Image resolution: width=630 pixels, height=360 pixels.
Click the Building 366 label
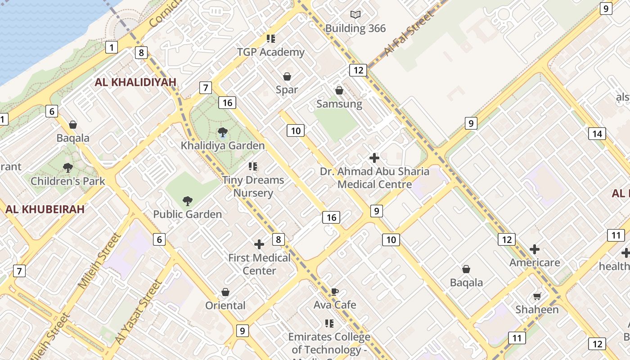point(355,28)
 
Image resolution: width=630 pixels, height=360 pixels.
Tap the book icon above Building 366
point(355,15)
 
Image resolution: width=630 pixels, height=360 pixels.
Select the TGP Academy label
point(271,52)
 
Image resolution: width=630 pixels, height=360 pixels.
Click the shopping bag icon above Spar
point(287,77)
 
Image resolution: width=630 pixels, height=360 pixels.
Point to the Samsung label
point(339,104)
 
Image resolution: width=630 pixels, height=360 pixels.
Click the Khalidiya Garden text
point(223,146)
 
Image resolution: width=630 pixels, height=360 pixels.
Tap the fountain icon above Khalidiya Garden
point(222,132)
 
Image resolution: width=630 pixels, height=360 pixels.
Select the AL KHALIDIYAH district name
point(135,82)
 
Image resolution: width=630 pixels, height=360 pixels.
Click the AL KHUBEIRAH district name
point(45,209)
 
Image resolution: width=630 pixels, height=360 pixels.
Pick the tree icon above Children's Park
point(68,168)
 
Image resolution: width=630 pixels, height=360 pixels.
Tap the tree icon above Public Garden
point(188,201)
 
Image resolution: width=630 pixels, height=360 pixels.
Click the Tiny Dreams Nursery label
point(253,186)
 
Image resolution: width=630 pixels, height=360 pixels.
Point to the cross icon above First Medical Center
point(259,244)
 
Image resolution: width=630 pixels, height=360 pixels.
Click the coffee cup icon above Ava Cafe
point(335,292)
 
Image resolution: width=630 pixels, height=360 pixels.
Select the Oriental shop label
point(225,306)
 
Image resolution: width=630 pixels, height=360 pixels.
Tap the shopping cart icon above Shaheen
point(537,296)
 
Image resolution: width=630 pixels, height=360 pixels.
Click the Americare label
point(535,263)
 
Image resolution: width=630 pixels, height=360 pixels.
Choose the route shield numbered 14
point(597,134)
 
